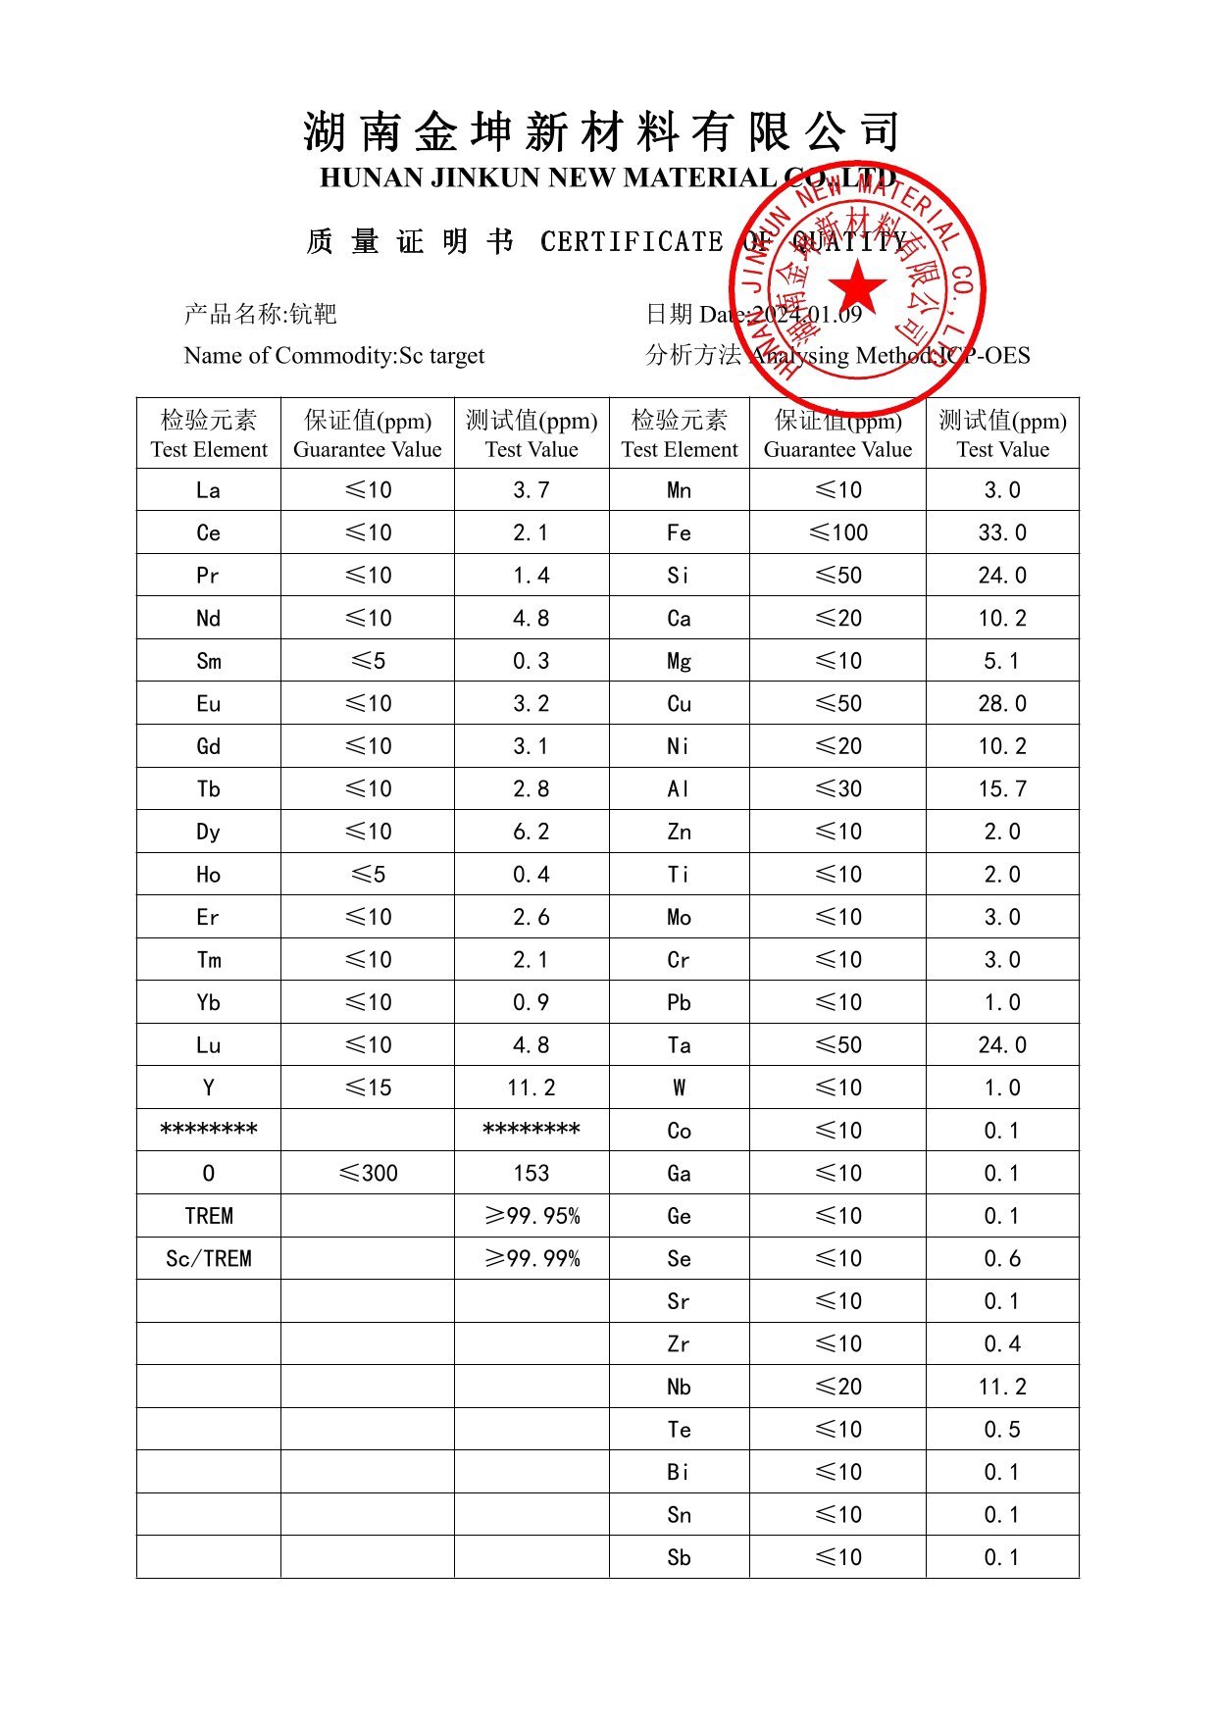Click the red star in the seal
(x=857, y=287)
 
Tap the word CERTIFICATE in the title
(x=632, y=241)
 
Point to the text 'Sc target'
(x=441, y=355)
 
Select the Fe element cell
(x=679, y=532)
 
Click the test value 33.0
(x=1002, y=532)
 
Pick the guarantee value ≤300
(x=368, y=1173)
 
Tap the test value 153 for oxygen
(x=532, y=1173)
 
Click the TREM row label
(x=209, y=1216)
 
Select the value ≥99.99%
(x=532, y=1258)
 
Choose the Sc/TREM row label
(x=209, y=1258)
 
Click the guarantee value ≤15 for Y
(x=368, y=1087)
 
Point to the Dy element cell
(x=209, y=832)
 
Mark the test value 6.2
(x=532, y=832)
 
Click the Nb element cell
(x=679, y=1387)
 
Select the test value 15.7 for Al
(x=1002, y=788)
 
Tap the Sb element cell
(x=679, y=1557)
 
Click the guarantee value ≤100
(x=838, y=532)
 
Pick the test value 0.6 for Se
(x=1002, y=1258)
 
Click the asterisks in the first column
(x=209, y=1130)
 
